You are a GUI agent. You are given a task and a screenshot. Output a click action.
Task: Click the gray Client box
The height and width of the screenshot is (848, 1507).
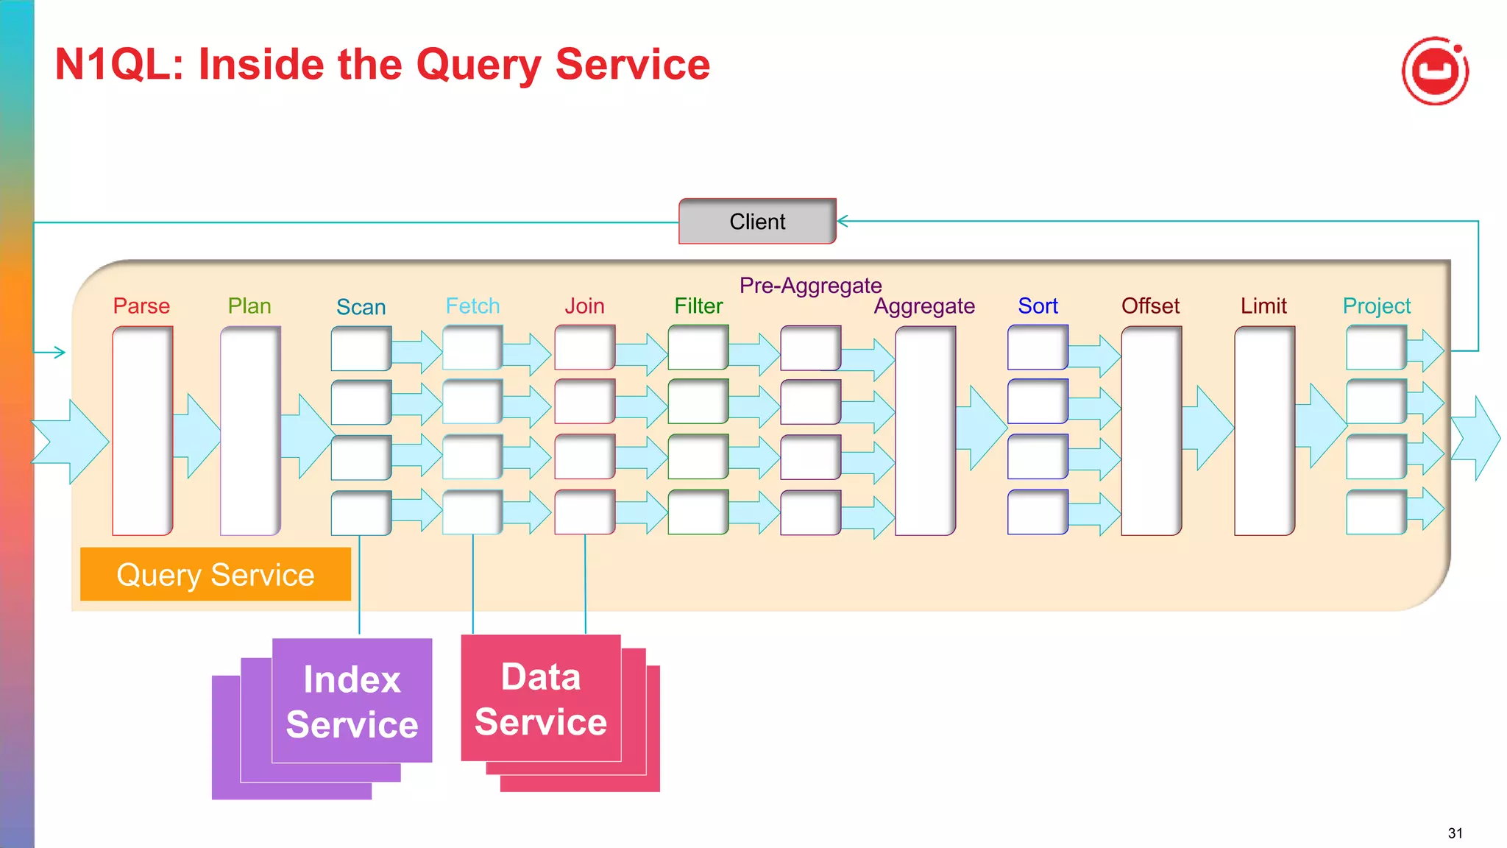click(757, 222)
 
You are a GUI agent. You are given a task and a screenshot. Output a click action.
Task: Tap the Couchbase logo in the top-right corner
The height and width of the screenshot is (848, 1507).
click(1435, 71)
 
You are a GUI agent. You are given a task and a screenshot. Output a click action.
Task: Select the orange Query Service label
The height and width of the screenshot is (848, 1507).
click(215, 574)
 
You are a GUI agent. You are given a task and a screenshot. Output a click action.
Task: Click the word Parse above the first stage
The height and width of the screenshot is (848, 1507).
click(141, 305)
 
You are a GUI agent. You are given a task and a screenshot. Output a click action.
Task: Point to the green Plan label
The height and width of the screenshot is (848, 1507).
click(249, 305)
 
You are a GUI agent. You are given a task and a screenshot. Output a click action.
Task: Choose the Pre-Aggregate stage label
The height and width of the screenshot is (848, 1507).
click(810, 286)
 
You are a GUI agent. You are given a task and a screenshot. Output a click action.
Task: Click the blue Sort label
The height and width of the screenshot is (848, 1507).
click(1038, 305)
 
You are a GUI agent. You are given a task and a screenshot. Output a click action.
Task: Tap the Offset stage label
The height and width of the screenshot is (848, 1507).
click(1150, 305)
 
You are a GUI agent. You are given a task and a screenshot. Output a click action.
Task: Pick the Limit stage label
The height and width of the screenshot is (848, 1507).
click(1263, 305)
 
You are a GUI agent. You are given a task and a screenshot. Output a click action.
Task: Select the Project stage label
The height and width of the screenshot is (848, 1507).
click(1376, 305)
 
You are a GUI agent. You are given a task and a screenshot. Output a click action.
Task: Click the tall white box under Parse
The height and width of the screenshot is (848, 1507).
click(142, 431)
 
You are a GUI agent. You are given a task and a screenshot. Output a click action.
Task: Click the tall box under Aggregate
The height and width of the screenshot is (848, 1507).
click(925, 431)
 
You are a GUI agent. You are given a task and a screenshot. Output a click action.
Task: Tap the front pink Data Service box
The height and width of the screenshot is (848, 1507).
click(541, 698)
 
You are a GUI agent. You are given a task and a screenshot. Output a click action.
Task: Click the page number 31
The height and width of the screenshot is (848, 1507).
click(1455, 833)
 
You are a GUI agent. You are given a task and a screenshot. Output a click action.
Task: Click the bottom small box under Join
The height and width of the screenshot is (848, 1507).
click(584, 512)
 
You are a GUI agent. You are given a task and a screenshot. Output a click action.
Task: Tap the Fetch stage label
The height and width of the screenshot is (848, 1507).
click(472, 305)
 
